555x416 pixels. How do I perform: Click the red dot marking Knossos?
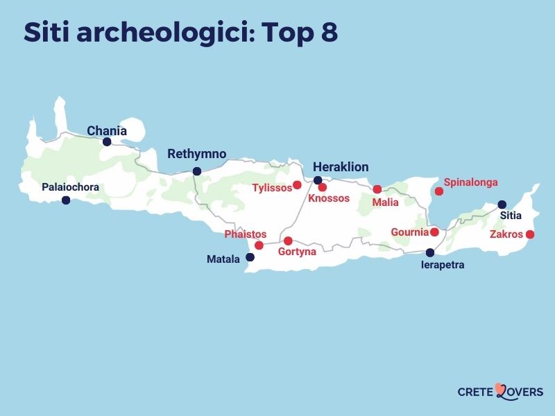point(323,187)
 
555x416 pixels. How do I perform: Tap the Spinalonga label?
point(471,182)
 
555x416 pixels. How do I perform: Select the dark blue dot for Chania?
point(107,142)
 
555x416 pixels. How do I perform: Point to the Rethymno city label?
point(197,154)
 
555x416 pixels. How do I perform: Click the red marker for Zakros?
point(530,234)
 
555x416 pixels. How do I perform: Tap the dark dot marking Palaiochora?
point(66,200)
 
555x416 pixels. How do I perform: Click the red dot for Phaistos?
point(259,245)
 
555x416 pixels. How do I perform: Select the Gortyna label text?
point(297,252)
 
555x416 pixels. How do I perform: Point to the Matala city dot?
point(250,257)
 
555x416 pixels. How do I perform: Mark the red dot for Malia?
point(377,189)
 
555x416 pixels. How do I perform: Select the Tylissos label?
point(272,188)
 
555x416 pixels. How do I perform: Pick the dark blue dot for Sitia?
point(502,205)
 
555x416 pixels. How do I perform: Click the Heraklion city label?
point(341,167)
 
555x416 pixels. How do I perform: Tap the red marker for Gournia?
point(434,232)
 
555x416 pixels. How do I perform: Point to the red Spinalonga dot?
point(438,191)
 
